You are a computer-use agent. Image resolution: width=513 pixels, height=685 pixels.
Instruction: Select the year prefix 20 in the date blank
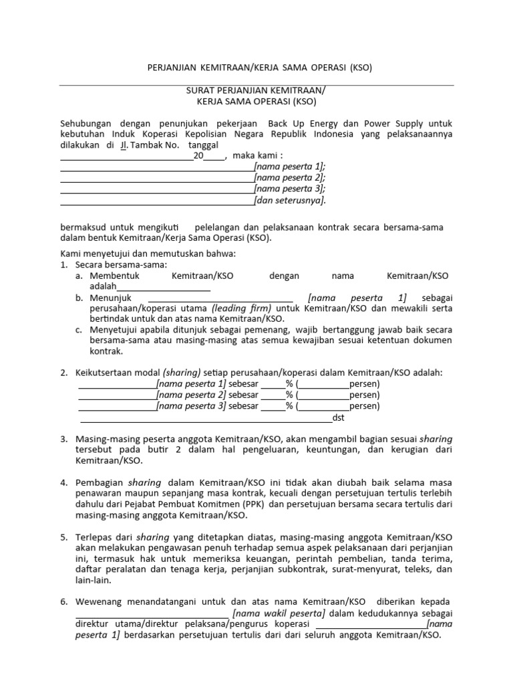pyautogui.click(x=198, y=156)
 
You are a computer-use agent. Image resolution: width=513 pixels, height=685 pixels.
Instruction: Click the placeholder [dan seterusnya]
pyautogui.click(x=290, y=199)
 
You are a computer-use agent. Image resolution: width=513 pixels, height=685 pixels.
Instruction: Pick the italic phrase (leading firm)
pyautogui.click(x=242, y=308)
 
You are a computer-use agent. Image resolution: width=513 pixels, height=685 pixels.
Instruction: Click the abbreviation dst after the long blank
pyautogui.click(x=339, y=419)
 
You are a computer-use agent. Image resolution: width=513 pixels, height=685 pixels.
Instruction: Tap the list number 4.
pyautogui.click(x=63, y=482)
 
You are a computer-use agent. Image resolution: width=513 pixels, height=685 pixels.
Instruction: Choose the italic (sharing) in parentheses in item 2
pyautogui.click(x=182, y=373)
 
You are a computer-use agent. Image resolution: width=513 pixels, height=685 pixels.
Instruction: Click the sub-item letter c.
pyautogui.click(x=78, y=330)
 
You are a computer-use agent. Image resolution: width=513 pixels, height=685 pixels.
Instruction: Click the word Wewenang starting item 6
pyautogui.click(x=100, y=602)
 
